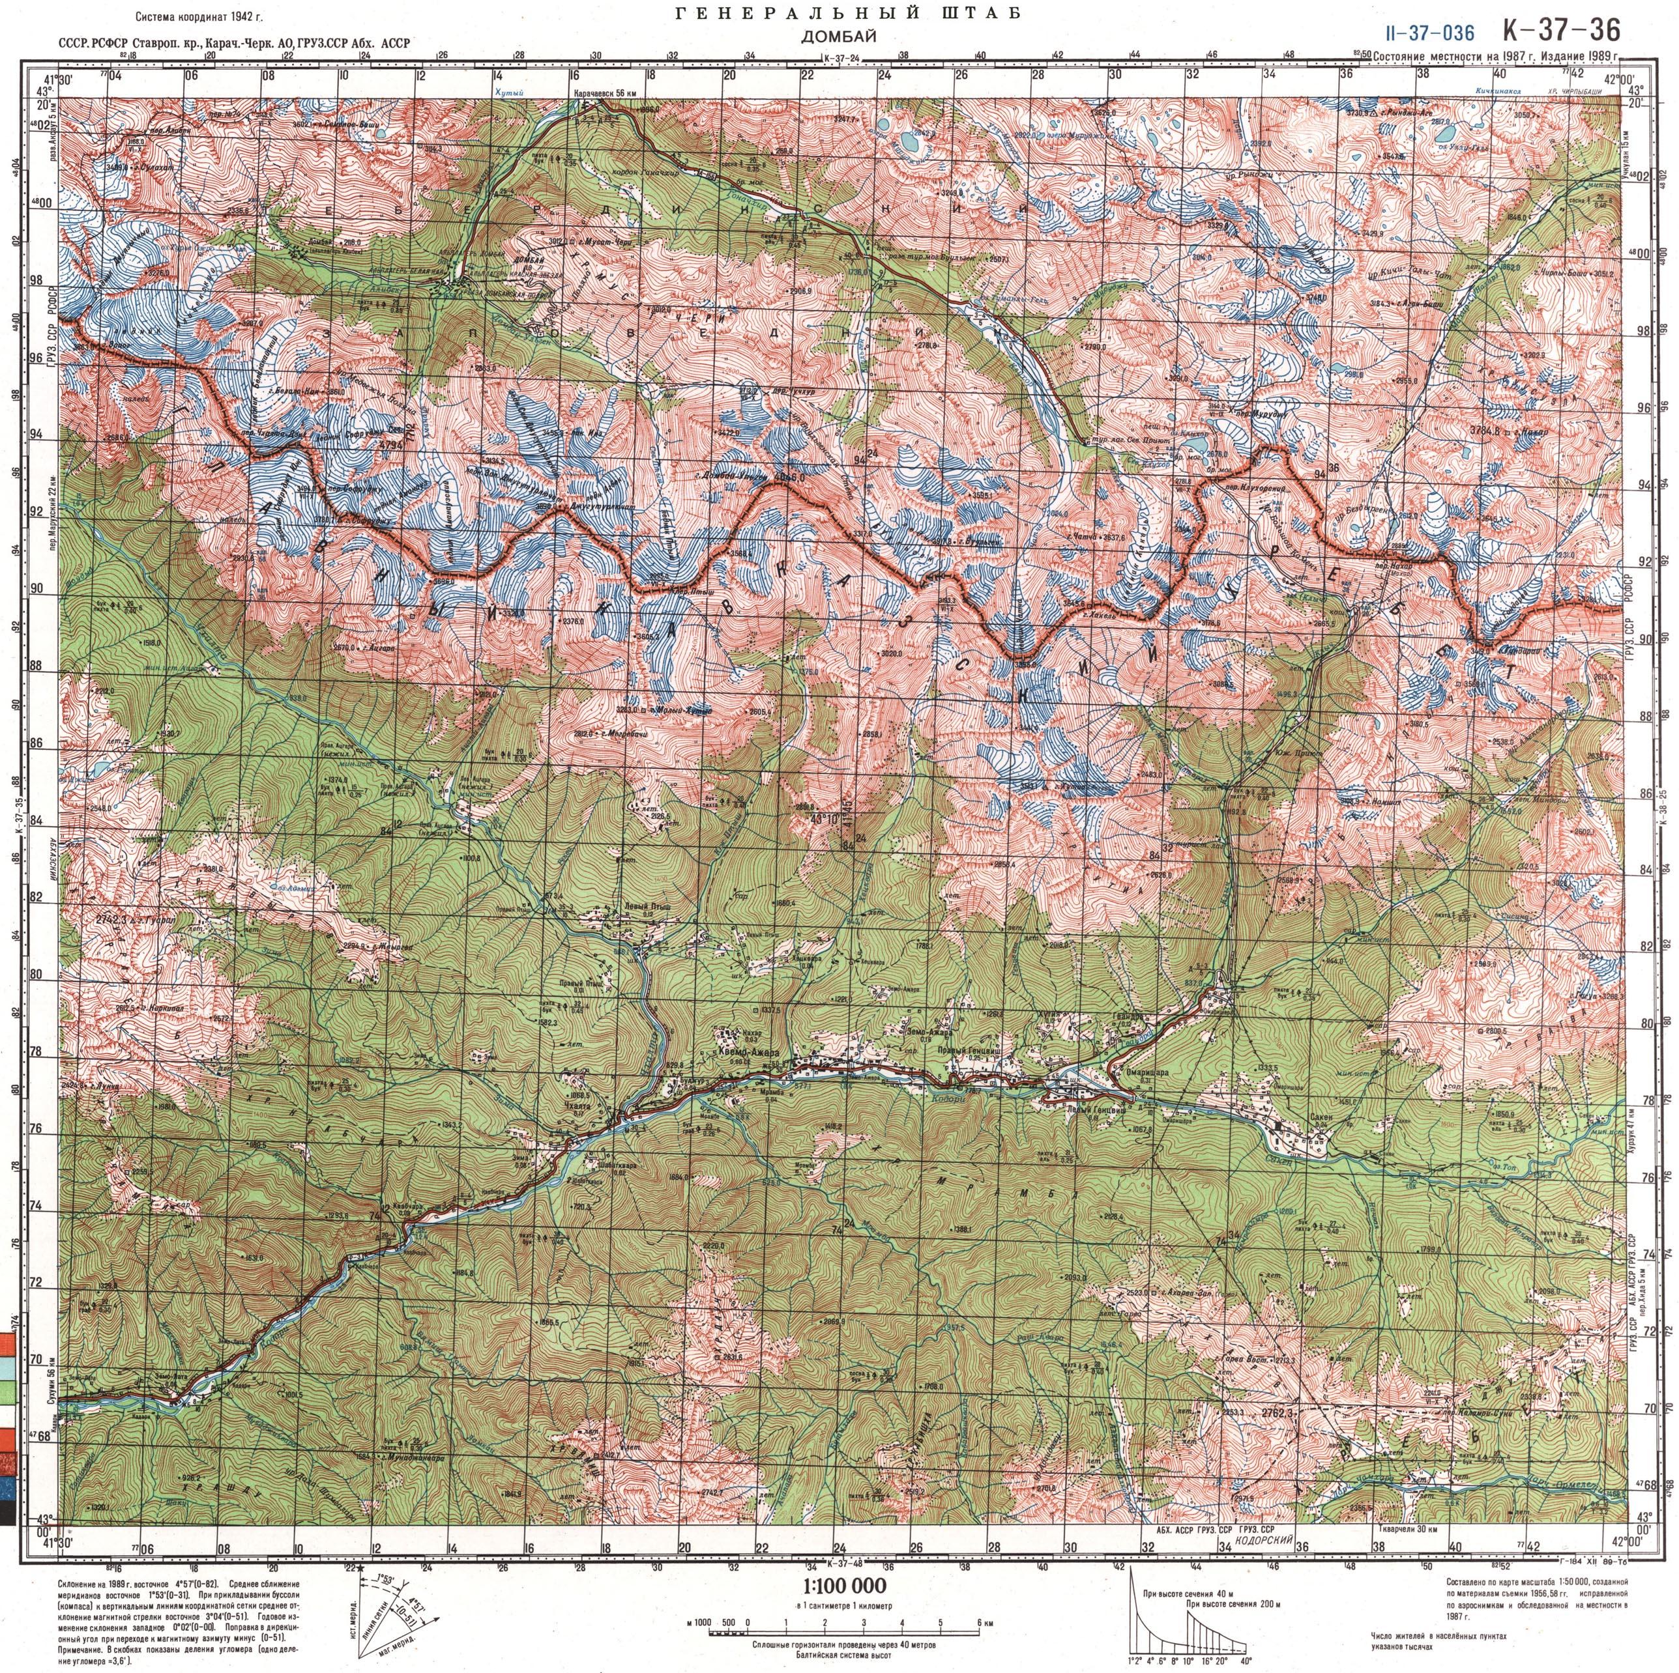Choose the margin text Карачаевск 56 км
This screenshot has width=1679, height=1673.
(x=605, y=93)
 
